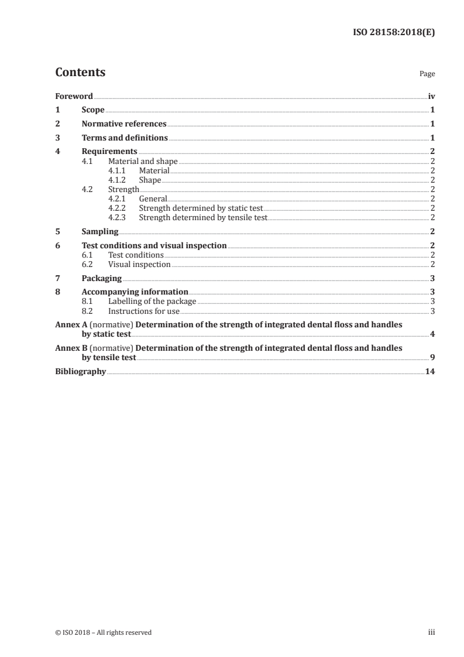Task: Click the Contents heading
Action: (80, 73)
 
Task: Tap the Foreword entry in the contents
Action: (74, 96)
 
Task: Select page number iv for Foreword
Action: (431, 96)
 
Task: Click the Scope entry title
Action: (93, 110)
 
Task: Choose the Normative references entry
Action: (124, 124)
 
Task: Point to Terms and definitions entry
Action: (125, 138)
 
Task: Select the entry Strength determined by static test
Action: (201, 208)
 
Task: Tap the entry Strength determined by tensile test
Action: (203, 217)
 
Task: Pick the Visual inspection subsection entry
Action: (139, 265)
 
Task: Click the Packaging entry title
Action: (102, 278)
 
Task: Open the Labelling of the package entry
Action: (152, 302)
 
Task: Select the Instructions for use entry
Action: (144, 311)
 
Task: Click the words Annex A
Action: (71, 324)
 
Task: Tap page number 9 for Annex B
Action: (432, 357)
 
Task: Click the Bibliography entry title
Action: (80, 371)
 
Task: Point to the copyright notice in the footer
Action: (103, 632)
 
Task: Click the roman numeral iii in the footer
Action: (432, 632)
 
